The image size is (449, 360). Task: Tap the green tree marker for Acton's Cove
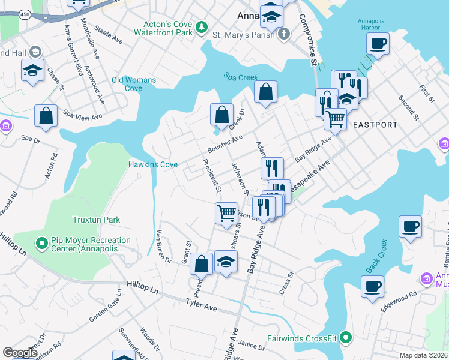coord(202,26)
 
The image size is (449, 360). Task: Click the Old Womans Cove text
coord(134,84)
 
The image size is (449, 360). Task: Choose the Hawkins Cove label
coord(152,164)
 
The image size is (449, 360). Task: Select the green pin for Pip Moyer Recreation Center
coord(41,244)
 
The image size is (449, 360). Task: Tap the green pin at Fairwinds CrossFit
coord(345,338)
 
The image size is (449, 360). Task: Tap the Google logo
coord(20,353)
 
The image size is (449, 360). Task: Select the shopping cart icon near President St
coord(226,213)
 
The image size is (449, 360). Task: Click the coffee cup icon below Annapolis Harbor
coord(378,43)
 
